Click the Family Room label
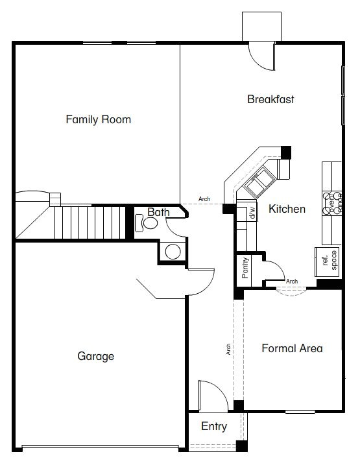(x=99, y=119)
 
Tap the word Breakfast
(x=270, y=99)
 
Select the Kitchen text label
(x=287, y=209)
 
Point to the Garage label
(x=96, y=356)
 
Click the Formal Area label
(x=292, y=348)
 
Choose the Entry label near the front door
(x=214, y=426)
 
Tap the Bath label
(x=158, y=212)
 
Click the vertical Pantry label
(x=245, y=268)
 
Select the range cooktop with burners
(x=331, y=204)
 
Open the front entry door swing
(x=211, y=396)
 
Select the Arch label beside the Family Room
(x=204, y=199)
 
